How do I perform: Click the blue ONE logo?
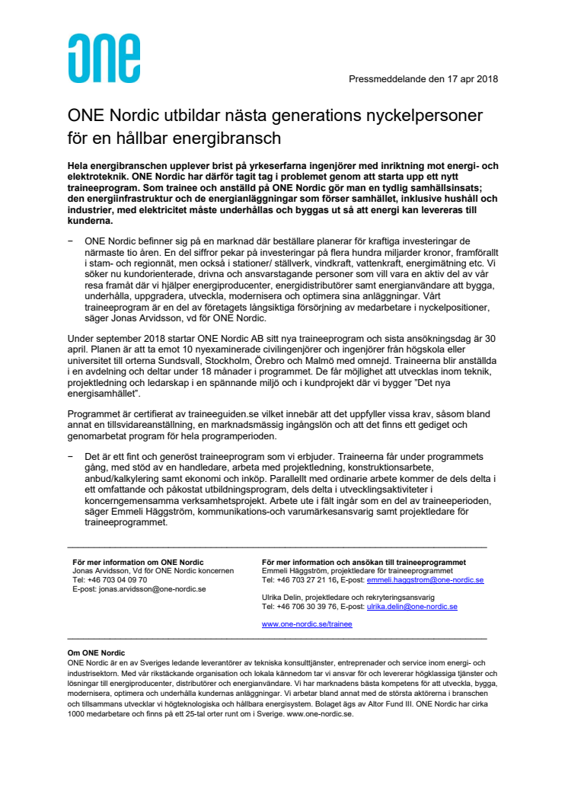point(104,58)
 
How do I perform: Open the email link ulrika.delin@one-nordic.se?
point(412,607)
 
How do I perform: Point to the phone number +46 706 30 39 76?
point(306,607)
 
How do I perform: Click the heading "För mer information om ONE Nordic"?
point(138,562)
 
